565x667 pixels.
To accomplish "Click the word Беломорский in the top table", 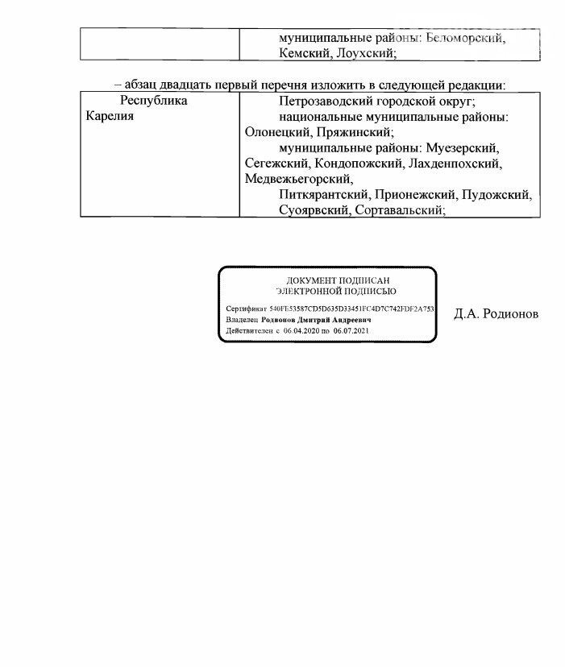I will point(464,38).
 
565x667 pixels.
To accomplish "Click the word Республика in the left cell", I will point(154,101).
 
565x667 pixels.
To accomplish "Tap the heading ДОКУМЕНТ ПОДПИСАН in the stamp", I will point(328,280).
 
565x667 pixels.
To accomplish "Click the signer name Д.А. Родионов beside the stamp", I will point(496,314).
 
